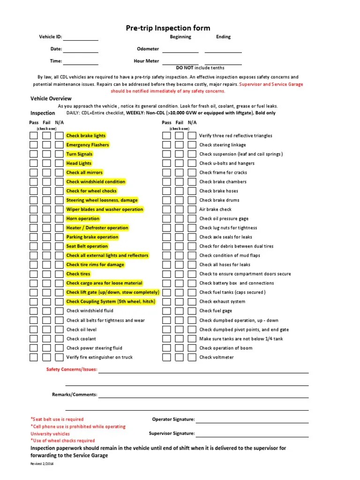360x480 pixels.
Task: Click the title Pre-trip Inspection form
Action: (168, 28)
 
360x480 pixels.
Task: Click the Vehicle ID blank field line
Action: (81, 39)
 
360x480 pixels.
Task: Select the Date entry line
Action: (81, 51)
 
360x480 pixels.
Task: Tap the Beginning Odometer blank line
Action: (180, 51)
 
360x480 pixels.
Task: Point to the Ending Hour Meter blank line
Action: (223, 63)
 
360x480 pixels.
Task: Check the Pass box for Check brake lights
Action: (34, 136)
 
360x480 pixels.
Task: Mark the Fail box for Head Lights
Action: (46, 164)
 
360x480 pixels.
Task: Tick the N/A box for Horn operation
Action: (59, 219)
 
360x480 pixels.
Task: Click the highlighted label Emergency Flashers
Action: (88, 145)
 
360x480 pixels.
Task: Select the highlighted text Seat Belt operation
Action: (87, 247)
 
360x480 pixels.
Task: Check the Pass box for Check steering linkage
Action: (166, 145)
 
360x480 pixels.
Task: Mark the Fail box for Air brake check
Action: (179, 210)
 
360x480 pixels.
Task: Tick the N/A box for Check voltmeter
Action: (192, 357)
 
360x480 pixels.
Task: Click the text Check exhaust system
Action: (222, 302)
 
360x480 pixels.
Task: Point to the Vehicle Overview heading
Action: (51, 98)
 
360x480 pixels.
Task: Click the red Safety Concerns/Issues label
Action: (72, 369)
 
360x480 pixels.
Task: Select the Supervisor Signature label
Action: (172, 434)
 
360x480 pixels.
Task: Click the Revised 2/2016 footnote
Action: (42, 464)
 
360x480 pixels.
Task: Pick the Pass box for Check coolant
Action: (34, 339)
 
